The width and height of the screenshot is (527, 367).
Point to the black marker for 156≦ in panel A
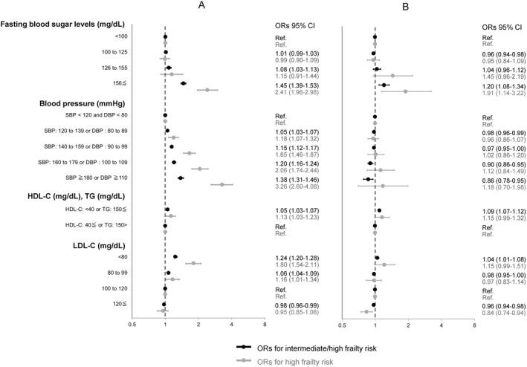coord(183,84)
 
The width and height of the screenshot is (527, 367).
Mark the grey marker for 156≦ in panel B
coord(406,91)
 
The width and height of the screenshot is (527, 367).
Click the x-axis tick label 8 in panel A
coord(265,325)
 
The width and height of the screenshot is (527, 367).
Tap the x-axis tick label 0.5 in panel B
coord(342,325)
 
